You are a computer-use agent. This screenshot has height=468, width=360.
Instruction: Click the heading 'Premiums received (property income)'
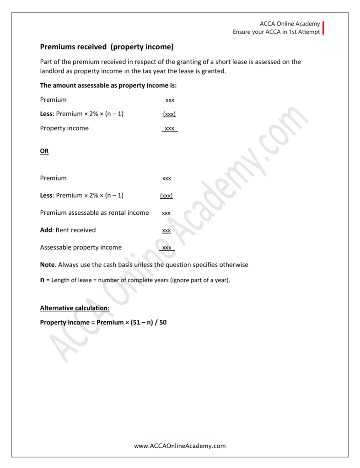107,47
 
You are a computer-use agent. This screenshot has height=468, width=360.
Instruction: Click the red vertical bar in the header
323,28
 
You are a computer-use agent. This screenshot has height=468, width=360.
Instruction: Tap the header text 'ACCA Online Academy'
290,24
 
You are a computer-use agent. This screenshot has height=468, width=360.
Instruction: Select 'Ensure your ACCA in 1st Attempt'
276,32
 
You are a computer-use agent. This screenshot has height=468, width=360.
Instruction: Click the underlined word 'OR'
44,151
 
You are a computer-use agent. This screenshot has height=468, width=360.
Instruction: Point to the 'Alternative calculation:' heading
75,308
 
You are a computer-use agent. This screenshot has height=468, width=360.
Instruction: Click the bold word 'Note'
48,265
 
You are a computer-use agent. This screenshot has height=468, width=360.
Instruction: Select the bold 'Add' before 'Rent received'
47,230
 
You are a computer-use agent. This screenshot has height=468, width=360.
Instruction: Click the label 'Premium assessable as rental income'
94,213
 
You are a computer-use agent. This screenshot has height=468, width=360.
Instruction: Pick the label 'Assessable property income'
81,247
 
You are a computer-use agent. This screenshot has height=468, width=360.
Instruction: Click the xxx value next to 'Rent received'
167,231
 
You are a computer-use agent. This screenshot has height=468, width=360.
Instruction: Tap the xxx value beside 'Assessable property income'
167,248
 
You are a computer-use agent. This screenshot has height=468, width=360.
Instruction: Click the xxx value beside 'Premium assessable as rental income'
167,213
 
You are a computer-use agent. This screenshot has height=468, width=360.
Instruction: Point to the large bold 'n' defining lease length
43,280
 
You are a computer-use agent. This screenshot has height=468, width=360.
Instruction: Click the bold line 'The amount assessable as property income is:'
108,85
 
